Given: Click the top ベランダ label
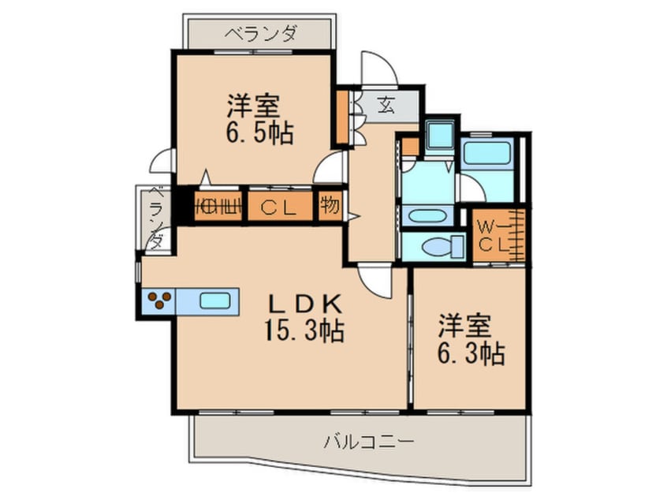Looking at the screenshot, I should coord(260,33).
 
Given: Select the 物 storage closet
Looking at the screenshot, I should coord(330,207).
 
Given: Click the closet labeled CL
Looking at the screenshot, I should coord(280,207).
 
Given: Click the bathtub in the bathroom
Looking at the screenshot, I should coord(487,152).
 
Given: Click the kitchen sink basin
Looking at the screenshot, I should coord(216,300).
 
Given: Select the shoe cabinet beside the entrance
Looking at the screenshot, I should coord(342,118).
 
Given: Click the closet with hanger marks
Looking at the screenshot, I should coord(218,207).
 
